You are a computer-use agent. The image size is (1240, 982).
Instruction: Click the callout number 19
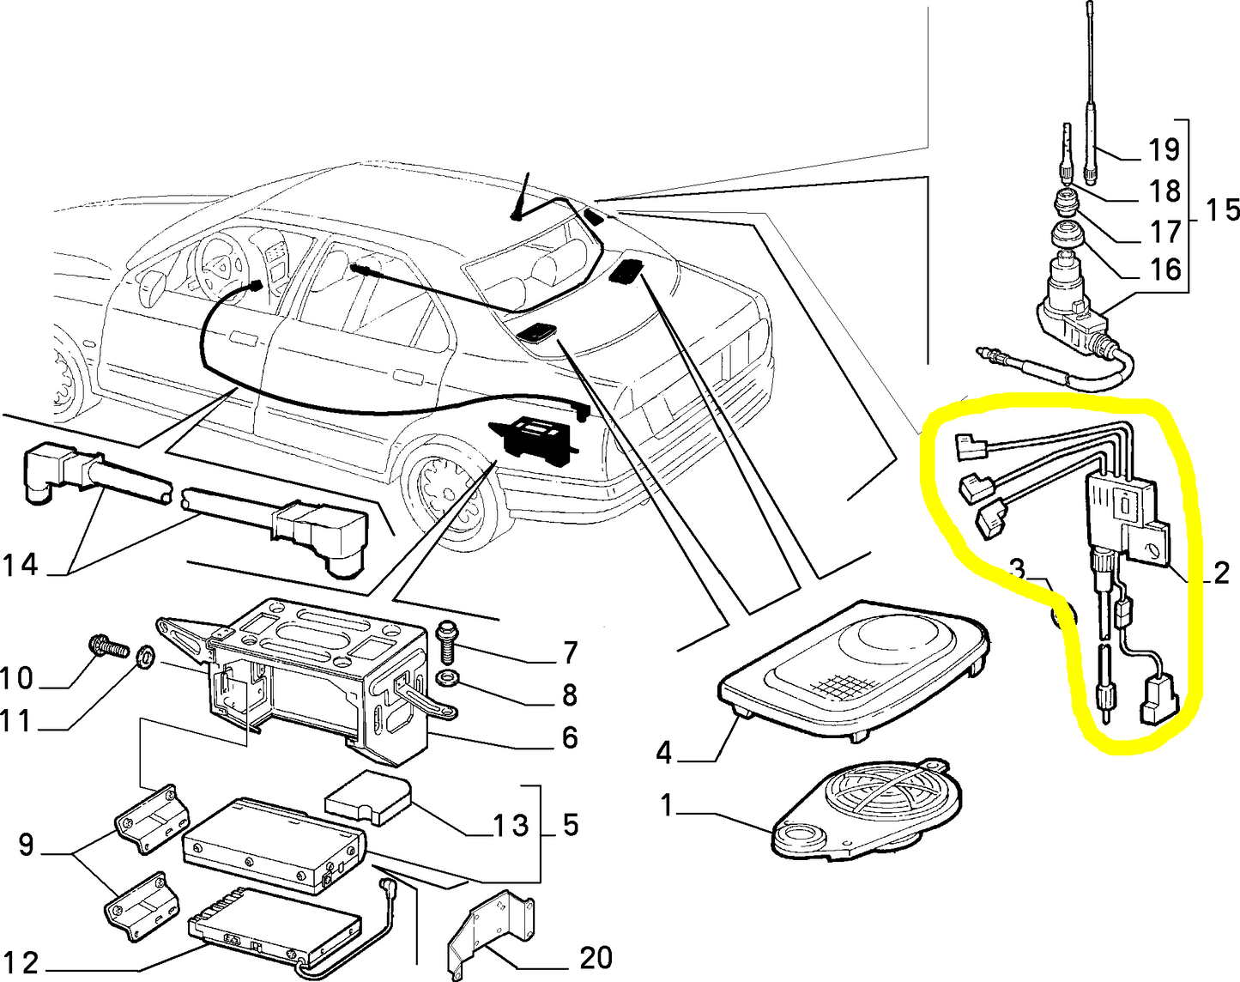click(x=1164, y=150)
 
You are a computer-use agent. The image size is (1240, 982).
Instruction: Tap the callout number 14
click(x=21, y=565)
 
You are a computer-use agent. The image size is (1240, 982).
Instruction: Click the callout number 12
click(x=21, y=963)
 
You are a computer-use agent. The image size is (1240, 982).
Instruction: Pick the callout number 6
click(x=569, y=737)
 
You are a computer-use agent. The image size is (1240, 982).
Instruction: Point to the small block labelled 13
click(x=368, y=799)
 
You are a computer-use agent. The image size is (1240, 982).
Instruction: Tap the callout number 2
click(x=1220, y=573)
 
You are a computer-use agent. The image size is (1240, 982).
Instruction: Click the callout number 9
click(x=27, y=845)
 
